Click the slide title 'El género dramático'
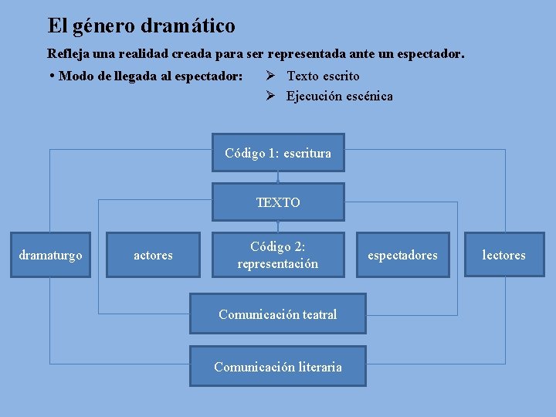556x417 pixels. [x=141, y=26]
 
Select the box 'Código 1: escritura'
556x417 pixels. [x=278, y=153]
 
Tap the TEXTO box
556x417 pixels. [x=278, y=202]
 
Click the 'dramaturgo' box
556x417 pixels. [x=50, y=255]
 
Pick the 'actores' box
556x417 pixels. [x=153, y=255]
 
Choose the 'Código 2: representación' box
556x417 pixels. [x=278, y=255]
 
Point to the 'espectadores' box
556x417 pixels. [x=402, y=255]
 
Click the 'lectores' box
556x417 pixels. [x=503, y=255]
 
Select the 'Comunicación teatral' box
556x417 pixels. [x=278, y=314]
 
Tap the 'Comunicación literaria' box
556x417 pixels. [x=278, y=367]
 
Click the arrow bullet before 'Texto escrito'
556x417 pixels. [x=270, y=76]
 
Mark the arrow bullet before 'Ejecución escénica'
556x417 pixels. [x=270, y=97]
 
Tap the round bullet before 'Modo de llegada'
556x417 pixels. [x=51, y=76]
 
